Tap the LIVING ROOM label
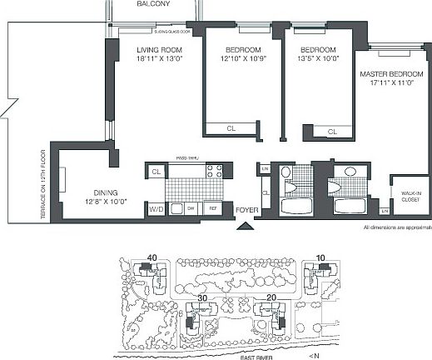[x=158, y=49]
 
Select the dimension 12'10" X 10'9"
[x=241, y=59]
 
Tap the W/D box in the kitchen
[x=156, y=208]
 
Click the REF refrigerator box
[x=213, y=208]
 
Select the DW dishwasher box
[x=190, y=208]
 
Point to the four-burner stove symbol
[x=215, y=172]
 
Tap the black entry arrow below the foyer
[x=244, y=224]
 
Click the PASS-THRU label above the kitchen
[x=185, y=156]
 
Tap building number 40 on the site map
[x=152, y=257]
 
